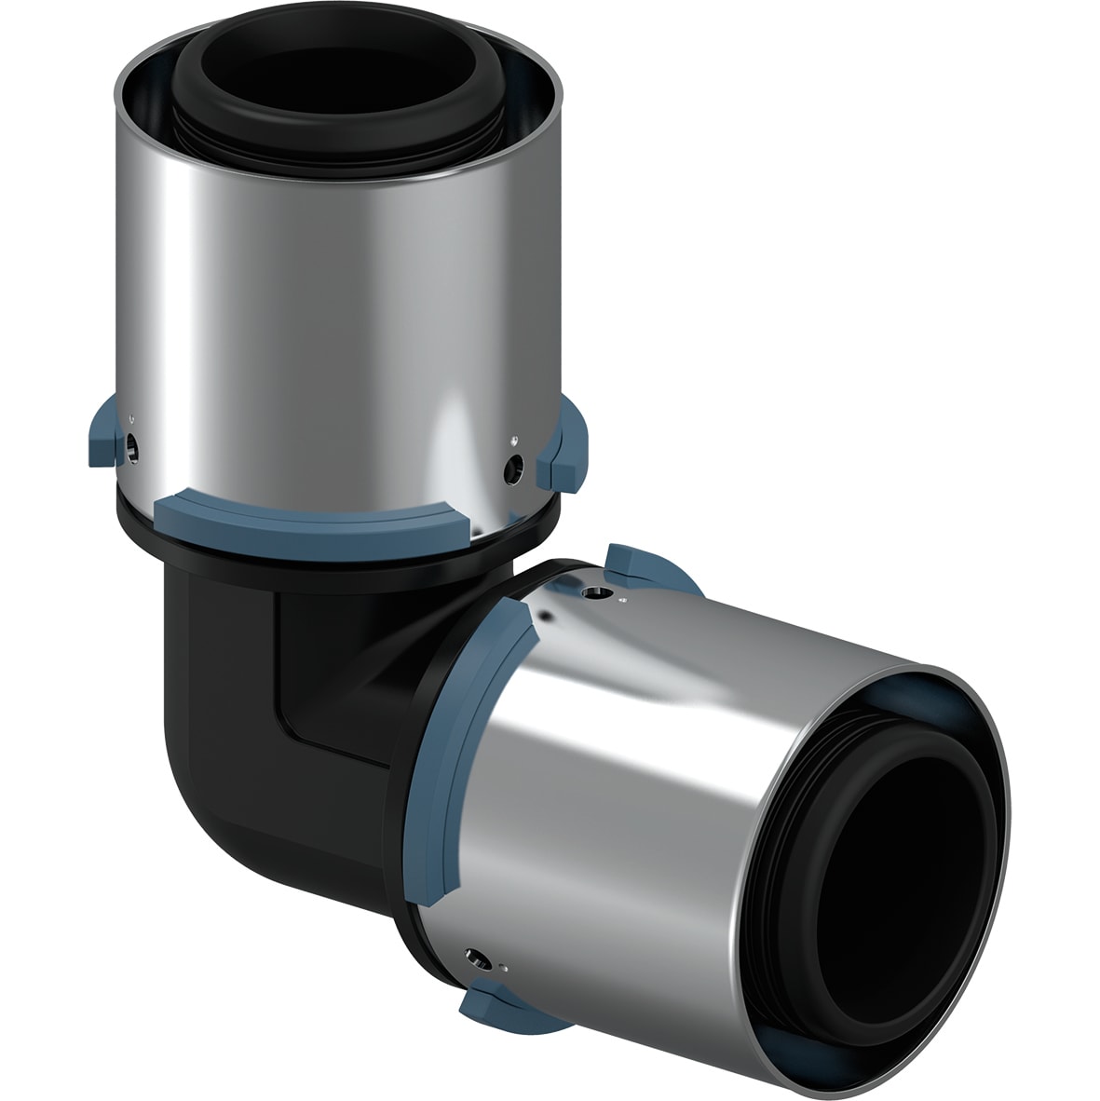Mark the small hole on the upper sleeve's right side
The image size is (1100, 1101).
tap(509, 463)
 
